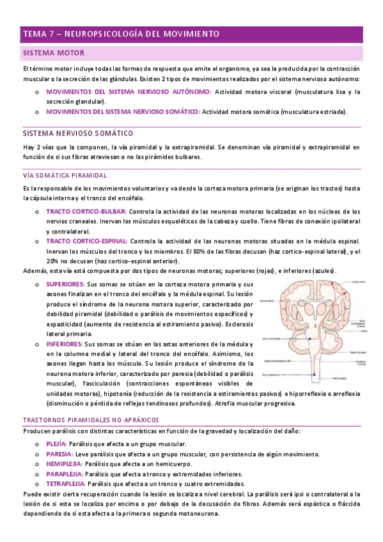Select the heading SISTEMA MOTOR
pyautogui.click(x=53, y=52)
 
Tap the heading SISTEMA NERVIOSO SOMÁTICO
pyautogui.click(x=77, y=134)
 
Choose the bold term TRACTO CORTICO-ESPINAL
pyautogui.click(x=88, y=241)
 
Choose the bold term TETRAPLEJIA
pyautogui.click(x=65, y=484)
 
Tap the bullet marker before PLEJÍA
pyautogui.click(x=37, y=444)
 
